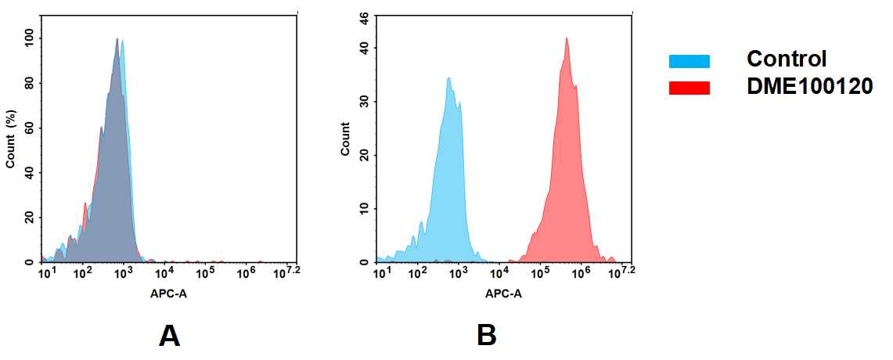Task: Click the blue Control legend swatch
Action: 690,61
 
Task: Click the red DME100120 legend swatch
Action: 690,88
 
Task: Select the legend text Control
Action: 787,59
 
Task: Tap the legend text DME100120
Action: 809,87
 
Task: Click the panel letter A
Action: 169,336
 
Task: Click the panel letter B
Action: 486,336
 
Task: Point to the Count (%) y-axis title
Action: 11,139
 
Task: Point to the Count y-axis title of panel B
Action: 345,139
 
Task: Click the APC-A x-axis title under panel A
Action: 168,294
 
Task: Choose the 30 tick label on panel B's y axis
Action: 364,102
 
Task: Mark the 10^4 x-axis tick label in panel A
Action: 164,272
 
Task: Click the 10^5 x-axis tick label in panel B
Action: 539,272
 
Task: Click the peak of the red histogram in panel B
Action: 566,38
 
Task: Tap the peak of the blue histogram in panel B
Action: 448,77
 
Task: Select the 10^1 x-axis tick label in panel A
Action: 47,272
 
